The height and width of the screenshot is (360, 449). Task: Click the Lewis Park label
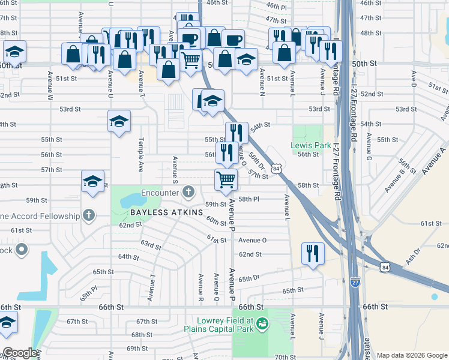click(310, 145)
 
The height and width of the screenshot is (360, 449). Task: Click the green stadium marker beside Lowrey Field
click(262, 325)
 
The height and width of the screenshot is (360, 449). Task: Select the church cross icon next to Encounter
click(188, 193)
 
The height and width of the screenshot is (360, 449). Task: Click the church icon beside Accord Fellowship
click(89, 215)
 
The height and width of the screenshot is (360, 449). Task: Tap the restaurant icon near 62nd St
click(313, 253)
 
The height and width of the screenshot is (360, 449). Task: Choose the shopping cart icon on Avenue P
click(226, 179)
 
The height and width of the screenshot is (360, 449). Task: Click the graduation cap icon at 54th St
click(119, 122)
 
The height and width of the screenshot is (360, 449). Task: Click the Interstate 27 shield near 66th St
click(355, 279)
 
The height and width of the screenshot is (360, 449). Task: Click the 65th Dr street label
click(248, 279)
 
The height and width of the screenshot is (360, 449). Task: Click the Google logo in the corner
click(19, 353)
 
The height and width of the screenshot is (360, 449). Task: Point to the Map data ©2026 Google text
click(412, 355)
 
